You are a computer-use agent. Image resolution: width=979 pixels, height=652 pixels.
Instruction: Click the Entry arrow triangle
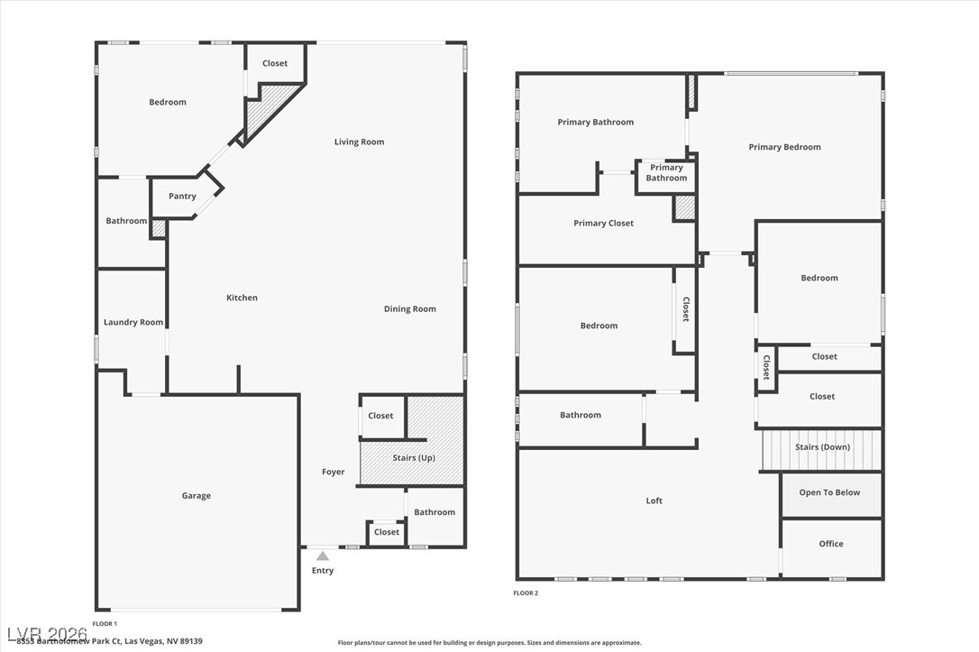click(323, 556)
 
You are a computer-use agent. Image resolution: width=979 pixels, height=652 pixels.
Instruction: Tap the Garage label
click(197, 496)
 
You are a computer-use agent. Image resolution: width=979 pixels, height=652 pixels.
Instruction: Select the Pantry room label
click(182, 197)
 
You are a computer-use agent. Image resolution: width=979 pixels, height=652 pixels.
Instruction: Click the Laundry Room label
click(133, 323)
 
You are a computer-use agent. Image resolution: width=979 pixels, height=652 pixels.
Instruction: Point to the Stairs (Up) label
click(414, 458)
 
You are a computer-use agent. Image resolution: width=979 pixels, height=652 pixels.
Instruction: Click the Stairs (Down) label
click(822, 447)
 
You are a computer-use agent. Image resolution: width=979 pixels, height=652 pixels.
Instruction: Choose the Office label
click(831, 544)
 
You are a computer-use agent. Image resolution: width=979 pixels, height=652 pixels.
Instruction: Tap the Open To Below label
click(829, 493)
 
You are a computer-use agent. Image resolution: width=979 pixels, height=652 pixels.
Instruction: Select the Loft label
click(654, 501)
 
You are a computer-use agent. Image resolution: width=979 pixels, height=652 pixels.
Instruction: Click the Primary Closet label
click(603, 224)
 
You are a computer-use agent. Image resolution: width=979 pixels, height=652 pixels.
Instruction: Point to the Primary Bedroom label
click(784, 148)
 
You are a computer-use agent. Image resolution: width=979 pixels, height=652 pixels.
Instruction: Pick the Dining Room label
click(410, 309)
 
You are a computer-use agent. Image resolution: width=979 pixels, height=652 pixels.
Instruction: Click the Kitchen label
click(242, 298)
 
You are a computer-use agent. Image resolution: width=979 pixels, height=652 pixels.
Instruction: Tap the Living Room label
click(359, 142)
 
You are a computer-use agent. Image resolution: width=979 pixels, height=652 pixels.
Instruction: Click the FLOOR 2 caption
click(526, 593)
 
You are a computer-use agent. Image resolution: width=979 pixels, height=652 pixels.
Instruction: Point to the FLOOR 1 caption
click(105, 624)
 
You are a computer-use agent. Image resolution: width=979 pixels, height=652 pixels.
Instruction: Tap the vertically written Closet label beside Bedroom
click(685, 309)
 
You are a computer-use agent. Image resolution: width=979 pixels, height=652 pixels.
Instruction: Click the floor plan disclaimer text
click(489, 643)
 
